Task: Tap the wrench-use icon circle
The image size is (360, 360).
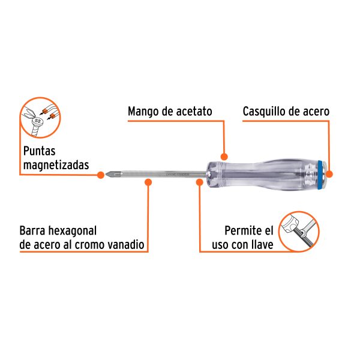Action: tap(300, 230)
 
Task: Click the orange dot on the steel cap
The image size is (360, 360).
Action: tap(331, 175)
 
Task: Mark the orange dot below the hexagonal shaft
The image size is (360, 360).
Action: tap(148, 185)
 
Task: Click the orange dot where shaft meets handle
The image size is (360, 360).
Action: tap(199, 185)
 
